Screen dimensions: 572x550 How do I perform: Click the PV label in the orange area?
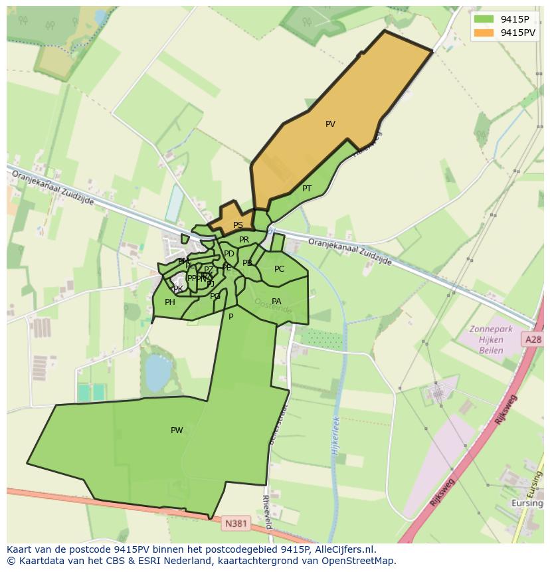[330, 124]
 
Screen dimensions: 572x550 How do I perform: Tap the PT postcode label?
[307, 189]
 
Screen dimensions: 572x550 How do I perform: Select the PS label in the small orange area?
[238, 225]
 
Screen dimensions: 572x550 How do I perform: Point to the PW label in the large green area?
[177, 430]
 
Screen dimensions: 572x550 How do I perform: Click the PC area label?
[279, 269]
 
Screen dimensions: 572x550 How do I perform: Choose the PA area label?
[276, 302]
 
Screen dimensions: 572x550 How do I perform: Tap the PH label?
[170, 302]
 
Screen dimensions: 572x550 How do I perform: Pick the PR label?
[244, 240]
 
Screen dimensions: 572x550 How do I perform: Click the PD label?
[229, 254]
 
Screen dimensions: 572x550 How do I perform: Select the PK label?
[178, 289]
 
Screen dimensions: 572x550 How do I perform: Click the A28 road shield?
[533, 339]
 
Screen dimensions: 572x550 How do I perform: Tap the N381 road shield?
[236, 524]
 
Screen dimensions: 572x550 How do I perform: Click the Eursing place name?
[527, 504]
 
